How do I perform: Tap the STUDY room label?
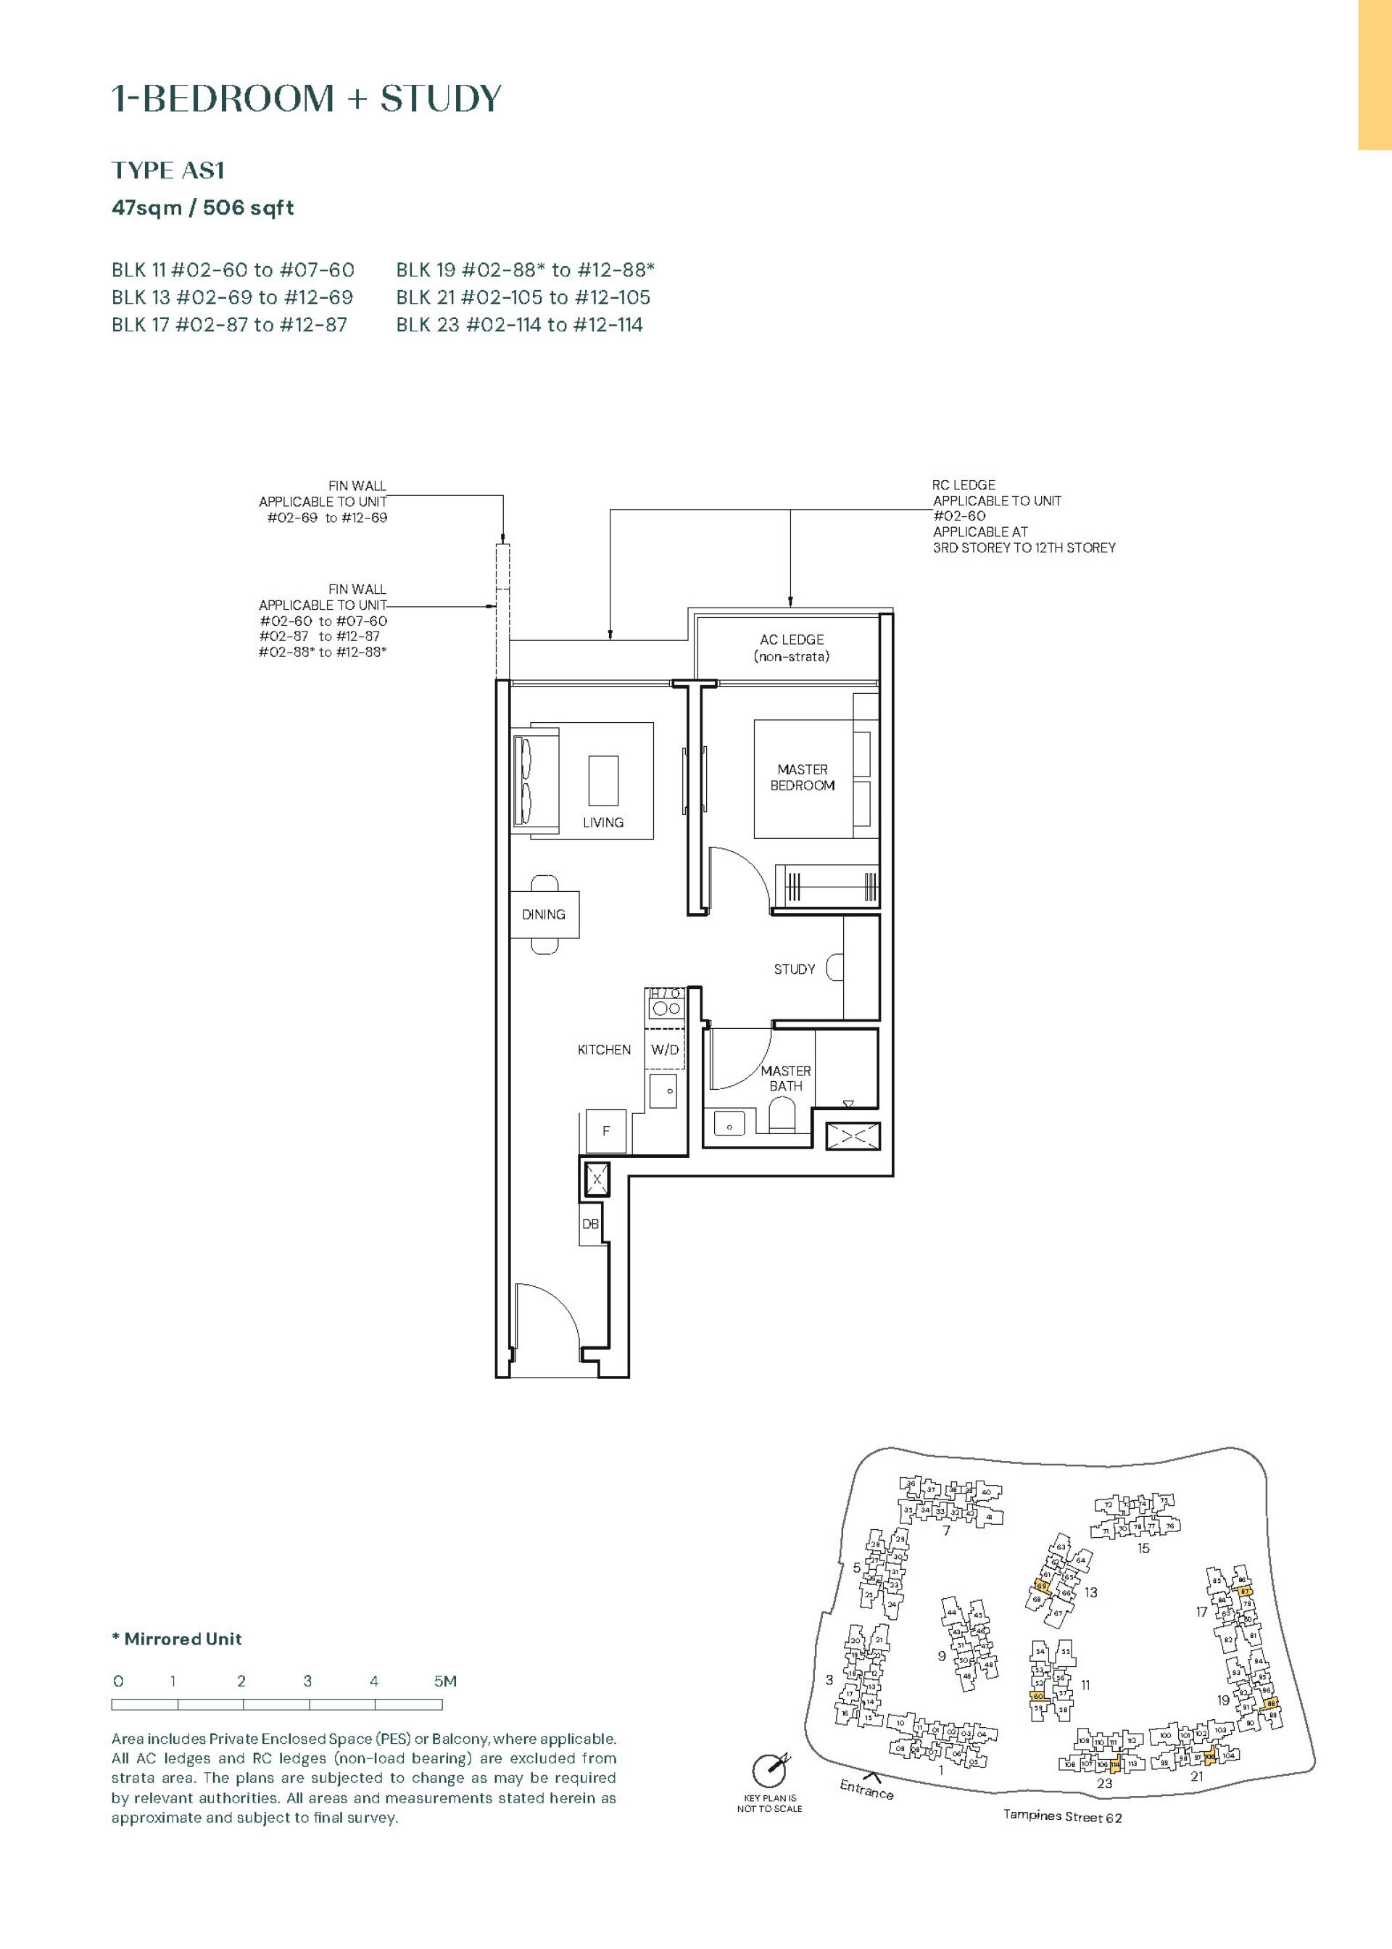(x=794, y=969)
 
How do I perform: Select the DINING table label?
(x=544, y=914)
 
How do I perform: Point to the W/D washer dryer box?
(x=665, y=1049)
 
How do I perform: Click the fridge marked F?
(x=606, y=1131)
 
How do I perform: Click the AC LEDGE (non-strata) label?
(x=791, y=648)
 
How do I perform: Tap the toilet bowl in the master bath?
(x=782, y=1117)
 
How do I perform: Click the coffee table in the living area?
(x=603, y=780)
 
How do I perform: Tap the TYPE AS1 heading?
(x=168, y=170)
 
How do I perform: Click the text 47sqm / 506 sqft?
(x=202, y=207)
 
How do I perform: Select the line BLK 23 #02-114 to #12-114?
(x=518, y=325)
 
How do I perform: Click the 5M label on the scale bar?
(x=445, y=1681)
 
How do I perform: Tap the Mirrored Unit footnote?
(x=177, y=1639)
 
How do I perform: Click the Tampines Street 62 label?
(x=1062, y=1816)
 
